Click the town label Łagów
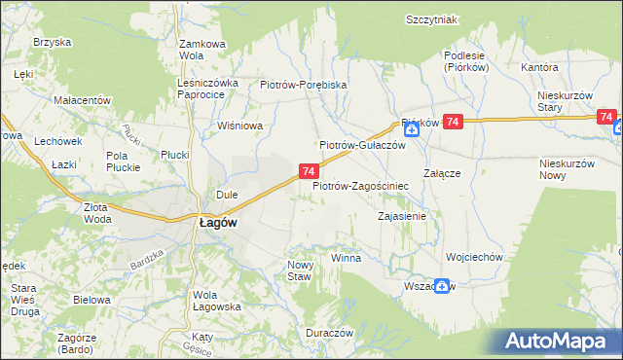212,222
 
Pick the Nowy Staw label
300,270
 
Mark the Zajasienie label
402,216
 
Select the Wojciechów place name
473,258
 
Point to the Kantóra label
538,68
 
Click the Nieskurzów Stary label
565,101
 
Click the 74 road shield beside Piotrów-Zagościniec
308,171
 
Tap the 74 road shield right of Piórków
453,122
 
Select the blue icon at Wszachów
443,286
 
